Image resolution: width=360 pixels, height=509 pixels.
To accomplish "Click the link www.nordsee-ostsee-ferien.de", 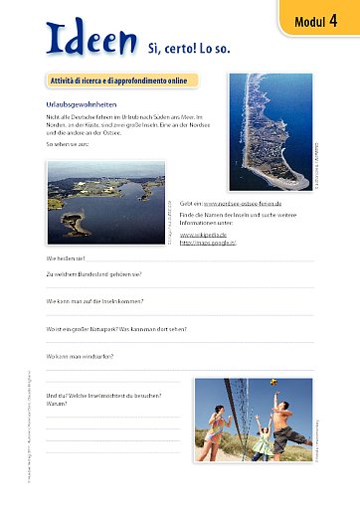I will coord(246,200).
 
